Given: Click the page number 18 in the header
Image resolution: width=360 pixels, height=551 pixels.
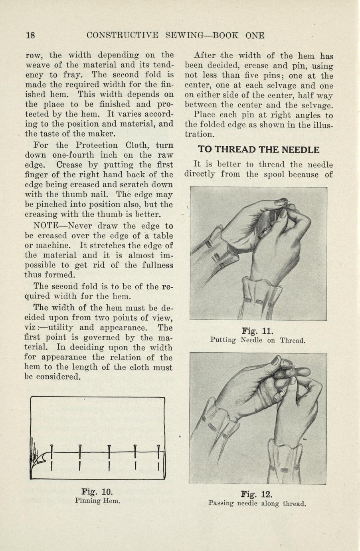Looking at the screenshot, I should [30, 35].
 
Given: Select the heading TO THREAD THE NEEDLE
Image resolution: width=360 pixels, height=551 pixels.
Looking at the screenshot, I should [259, 150].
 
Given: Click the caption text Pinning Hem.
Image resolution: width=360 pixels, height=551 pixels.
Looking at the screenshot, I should [97, 500].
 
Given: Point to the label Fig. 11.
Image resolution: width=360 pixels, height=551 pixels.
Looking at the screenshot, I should [257, 331].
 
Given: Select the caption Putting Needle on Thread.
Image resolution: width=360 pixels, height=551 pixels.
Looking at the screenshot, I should [257, 340].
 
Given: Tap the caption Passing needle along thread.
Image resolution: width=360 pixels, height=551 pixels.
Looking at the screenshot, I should [257, 503].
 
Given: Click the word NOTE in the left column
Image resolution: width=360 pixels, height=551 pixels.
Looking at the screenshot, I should [46, 226].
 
